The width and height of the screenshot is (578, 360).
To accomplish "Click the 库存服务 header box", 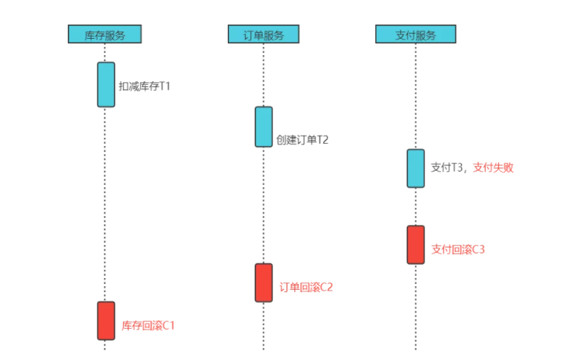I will pos(104,34).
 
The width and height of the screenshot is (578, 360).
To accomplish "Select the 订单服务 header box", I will pos(263,34).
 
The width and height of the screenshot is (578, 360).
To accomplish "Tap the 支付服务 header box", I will pos(415,34).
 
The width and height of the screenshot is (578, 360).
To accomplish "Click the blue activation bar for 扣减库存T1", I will pos(106,84).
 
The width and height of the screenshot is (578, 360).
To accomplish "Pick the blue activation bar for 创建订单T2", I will pos(264,127).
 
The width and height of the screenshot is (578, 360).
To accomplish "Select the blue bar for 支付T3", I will pos(416,168).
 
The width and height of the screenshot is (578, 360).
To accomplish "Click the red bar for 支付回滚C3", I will pos(416,244).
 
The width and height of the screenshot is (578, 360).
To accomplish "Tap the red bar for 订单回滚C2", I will pos(264,282).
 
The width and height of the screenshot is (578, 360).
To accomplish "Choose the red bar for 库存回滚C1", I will pos(106,320).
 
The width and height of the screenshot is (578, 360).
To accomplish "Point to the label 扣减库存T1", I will pos(144,86).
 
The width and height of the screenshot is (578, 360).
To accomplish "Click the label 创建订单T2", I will pos(302,139).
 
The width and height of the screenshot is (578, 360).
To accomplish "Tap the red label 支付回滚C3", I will pos(458,249).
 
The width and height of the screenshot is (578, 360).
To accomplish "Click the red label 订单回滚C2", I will pos(306,287).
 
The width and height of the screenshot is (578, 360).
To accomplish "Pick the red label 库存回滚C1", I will pos(148,326).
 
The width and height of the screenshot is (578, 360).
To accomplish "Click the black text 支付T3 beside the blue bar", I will pos(447,168).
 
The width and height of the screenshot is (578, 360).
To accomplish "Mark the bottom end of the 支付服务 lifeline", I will pos(416,347).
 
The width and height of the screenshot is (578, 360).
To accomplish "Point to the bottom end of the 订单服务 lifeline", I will pos(264,347).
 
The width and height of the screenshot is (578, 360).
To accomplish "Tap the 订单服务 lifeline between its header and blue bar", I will pos(264,75).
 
